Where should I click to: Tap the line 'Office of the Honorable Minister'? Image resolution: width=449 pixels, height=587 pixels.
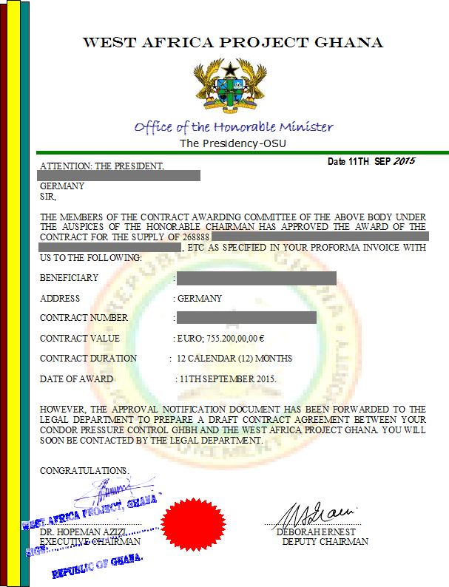tap(234, 126)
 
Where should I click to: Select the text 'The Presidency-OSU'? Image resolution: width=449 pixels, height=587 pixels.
tap(233, 143)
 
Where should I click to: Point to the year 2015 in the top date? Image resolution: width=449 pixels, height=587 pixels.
tap(404, 161)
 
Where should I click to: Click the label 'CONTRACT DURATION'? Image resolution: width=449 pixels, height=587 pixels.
tap(88, 358)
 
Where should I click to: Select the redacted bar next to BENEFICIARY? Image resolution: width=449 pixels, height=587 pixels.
tap(257, 278)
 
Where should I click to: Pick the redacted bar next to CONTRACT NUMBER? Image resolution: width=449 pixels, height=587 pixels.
tap(247, 318)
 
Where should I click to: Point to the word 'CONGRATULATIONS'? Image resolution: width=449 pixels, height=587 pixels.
tap(84, 470)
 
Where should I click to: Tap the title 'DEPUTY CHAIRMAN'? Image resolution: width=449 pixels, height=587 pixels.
tap(325, 541)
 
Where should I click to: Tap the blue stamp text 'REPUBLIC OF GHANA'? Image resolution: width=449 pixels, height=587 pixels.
tap(97, 566)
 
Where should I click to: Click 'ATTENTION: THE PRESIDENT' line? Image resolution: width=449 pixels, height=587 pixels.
tap(101, 166)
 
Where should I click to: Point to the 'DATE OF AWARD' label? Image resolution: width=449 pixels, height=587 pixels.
tap(76, 379)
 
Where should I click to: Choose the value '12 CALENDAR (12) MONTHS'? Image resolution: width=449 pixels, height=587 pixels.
tap(234, 358)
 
